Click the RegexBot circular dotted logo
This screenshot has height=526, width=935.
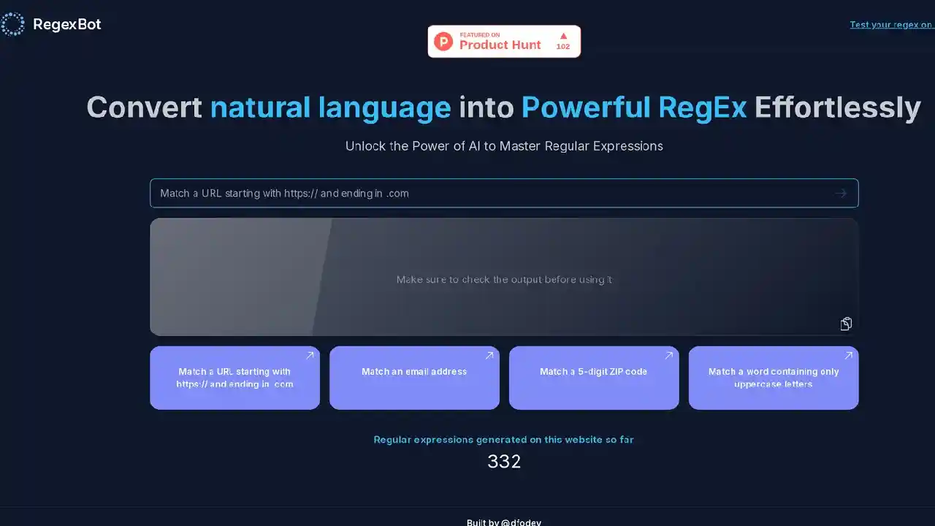pyautogui.click(x=12, y=24)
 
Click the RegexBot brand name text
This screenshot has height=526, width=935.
pyautogui.click(x=67, y=24)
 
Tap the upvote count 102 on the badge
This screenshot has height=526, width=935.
pyautogui.click(x=562, y=46)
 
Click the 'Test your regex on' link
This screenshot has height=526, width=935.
pyautogui.click(x=891, y=25)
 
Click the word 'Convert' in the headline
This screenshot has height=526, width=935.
pyautogui.click(x=144, y=107)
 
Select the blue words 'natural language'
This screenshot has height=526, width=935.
pyautogui.click(x=330, y=107)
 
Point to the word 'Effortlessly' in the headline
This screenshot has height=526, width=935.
pyautogui.click(x=837, y=107)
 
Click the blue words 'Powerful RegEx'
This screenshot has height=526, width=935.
pyautogui.click(x=633, y=107)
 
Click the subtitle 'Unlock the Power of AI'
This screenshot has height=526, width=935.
pyautogui.click(x=504, y=146)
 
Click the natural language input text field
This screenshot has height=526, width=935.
pyautogui.click(x=489, y=194)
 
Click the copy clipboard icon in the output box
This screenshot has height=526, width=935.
pyautogui.click(x=846, y=324)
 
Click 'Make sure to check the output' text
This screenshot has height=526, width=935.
pyautogui.click(x=504, y=279)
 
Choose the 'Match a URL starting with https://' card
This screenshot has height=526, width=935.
pyautogui.click(x=234, y=378)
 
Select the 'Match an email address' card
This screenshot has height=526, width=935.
pyautogui.click(x=414, y=378)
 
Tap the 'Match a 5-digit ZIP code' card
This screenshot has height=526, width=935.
pyautogui.click(x=594, y=378)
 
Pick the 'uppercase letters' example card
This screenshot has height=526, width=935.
pyautogui.click(x=774, y=378)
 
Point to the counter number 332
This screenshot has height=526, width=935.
pyautogui.click(x=504, y=462)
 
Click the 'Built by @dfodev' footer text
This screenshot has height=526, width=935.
pyautogui.click(x=504, y=522)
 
